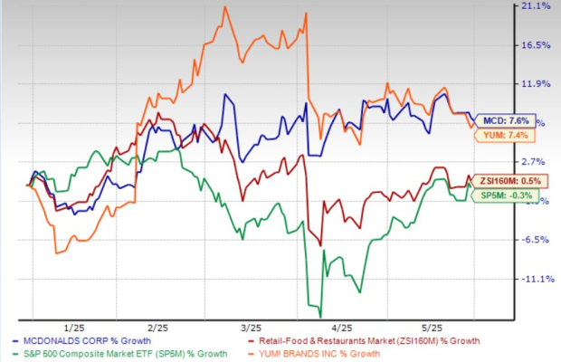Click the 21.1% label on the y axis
pos(537,7)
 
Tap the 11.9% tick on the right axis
pos(537,84)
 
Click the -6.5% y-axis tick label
pos(535,240)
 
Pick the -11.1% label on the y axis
pos(537,279)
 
